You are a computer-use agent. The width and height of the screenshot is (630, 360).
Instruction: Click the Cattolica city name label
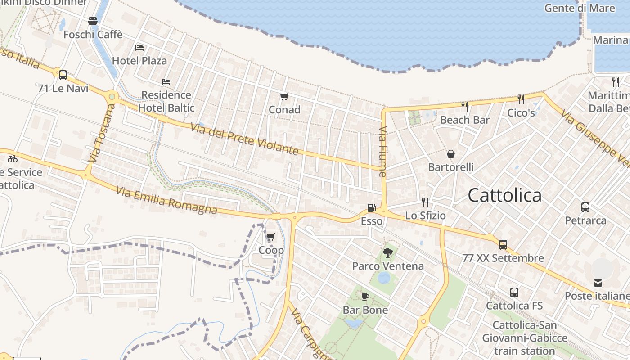pos(504,195)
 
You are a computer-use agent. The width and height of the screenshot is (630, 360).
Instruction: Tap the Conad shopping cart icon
pos(284,97)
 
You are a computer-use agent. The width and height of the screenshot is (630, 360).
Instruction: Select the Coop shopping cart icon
pos(270,237)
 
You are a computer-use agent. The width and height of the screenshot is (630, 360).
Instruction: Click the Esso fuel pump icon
pos(371,208)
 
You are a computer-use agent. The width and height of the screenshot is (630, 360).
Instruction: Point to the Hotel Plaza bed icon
pos(139,47)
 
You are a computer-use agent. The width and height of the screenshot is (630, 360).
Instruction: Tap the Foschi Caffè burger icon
pos(93,21)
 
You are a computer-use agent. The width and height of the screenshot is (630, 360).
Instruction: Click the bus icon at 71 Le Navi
pos(63,75)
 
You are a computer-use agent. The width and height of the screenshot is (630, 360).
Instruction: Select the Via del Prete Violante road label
pos(244,139)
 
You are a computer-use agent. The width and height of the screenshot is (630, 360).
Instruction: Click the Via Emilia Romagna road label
pos(166,200)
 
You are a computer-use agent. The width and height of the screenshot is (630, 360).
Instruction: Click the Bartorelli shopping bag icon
pos(451,154)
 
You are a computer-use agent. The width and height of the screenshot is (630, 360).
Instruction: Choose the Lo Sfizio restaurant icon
pos(425,202)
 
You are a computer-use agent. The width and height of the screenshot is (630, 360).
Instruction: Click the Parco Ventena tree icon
pos(387,252)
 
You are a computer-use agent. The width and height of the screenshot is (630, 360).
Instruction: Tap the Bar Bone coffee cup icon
pos(365,297)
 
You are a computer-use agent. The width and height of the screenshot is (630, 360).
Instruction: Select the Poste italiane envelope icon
pos(598,283)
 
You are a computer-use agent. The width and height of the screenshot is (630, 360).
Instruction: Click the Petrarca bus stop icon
pos(585,207)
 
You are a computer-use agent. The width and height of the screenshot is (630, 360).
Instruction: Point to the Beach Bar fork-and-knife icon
pos(465,107)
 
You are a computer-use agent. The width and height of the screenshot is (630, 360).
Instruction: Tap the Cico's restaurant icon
pos(521,99)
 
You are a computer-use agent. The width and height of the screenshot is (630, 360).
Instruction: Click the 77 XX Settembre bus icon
pos(503,245)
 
